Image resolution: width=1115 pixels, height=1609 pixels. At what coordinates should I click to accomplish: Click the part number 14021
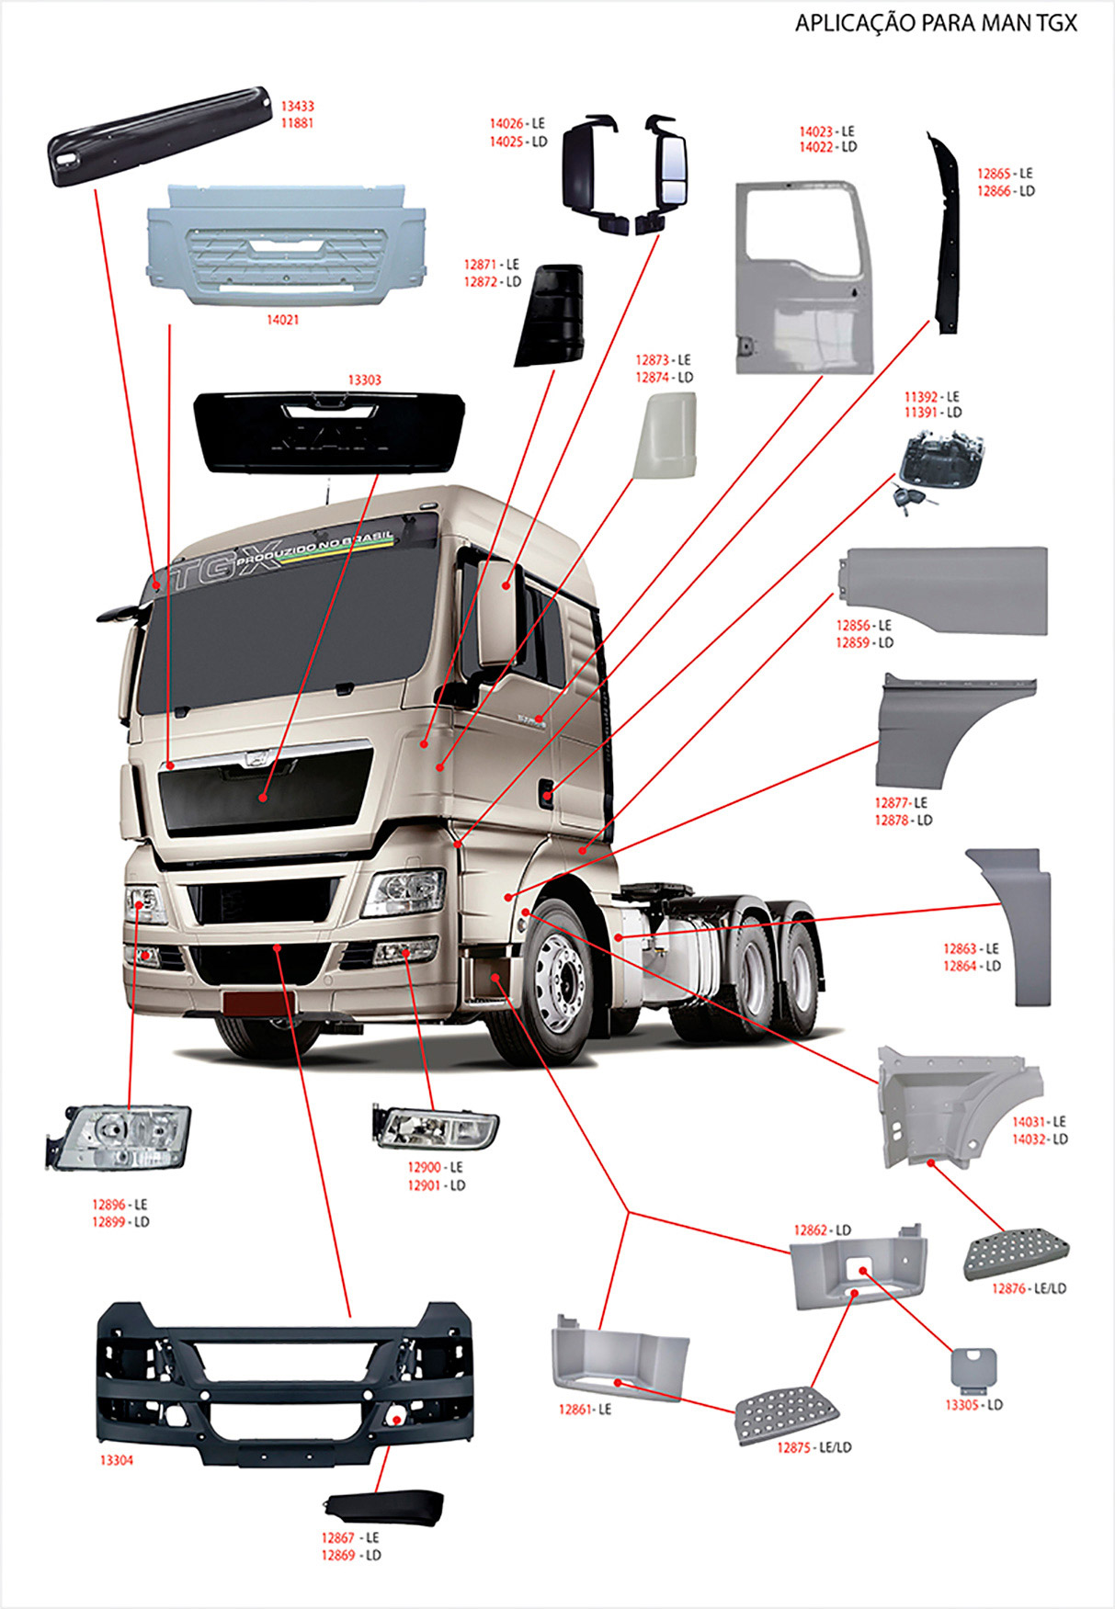(282, 320)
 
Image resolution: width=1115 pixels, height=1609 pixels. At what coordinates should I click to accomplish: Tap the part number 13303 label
(364, 380)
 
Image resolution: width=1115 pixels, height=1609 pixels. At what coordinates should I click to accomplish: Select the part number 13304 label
(116, 1460)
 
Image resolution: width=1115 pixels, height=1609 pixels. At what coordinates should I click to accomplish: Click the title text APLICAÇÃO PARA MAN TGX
(935, 24)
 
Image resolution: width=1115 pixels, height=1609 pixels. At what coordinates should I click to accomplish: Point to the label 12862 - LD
(822, 1229)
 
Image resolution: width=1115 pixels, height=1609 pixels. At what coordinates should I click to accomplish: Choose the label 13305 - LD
(973, 1405)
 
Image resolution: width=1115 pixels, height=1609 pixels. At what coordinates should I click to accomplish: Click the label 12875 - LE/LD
(813, 1447)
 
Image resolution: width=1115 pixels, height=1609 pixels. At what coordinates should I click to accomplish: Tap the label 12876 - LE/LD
(1029, 1288)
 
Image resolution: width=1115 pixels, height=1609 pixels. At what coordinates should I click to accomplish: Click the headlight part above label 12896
(119, 1137)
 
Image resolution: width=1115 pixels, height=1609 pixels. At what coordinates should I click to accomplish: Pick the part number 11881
(297, 122)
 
